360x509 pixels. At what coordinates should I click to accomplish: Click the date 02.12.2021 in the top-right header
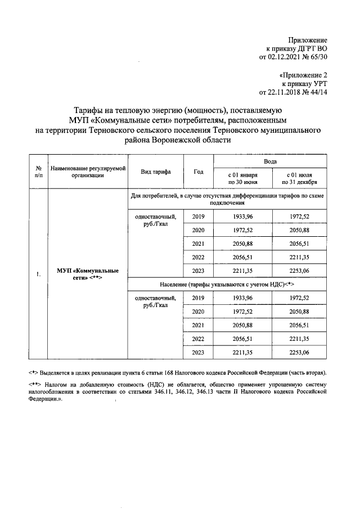click(x=287, y=57)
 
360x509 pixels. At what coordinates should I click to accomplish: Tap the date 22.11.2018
click(x=287, y=92)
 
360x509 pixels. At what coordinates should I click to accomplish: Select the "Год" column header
click(x=198, y=172)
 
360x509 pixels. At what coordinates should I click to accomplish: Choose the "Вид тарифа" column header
click(x=156, y=172)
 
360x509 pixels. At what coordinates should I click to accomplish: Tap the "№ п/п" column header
click(x=38, y=172)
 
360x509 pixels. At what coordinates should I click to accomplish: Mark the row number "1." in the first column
click(x=38, y=274)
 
